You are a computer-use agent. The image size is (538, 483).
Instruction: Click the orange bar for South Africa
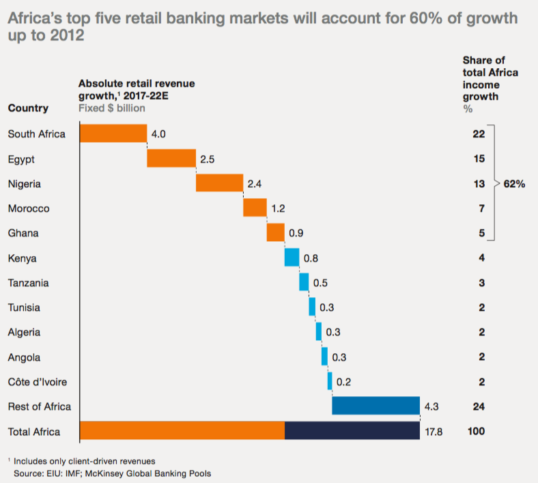(113, 133)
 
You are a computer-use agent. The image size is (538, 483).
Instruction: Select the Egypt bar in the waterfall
(171, 158)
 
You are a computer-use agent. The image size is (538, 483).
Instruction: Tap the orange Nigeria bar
(219, 183)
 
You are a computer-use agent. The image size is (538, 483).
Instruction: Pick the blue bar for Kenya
(292, 258)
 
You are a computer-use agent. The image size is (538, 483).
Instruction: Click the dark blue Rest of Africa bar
(376, 406)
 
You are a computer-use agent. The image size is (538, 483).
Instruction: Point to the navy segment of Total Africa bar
(352, 431)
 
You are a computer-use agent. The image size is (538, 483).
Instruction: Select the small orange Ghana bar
(275, 233)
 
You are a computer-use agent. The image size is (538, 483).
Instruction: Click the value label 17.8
(434, 432)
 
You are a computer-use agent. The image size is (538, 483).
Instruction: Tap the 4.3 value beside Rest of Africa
(431, 407)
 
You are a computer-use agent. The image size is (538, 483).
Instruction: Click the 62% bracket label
(513, 184)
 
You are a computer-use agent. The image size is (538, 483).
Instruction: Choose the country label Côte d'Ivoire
(38, 382)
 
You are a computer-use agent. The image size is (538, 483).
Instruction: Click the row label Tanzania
(28, 283)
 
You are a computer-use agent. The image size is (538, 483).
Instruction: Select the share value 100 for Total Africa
(476, 432)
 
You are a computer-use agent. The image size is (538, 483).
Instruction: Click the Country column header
(28, 108)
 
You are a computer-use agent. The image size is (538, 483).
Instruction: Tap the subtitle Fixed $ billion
(111, 108)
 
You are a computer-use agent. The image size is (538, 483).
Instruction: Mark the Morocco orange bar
(255, 208)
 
